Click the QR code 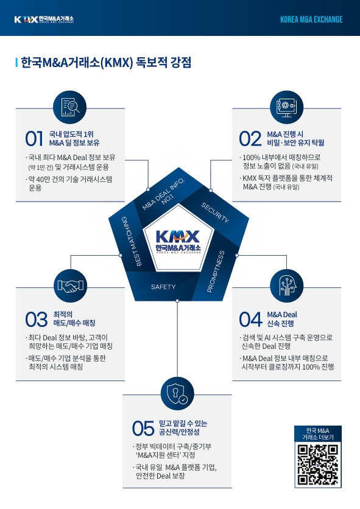[318, 465]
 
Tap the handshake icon [70, 286]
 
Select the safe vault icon [286, 107]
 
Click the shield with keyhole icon [177, 394]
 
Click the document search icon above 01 [70, 107]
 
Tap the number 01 [34, 139]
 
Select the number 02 [250, 139]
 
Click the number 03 [37, 319]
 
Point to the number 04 [250, 319]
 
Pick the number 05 [143, 428]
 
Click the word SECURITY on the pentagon [215, 212]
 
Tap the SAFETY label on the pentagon [163, 287]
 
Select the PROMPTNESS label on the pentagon [216, 272]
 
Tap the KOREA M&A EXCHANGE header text [311, 19]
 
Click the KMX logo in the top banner [44, 19]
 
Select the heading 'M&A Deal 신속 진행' [282, 319]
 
